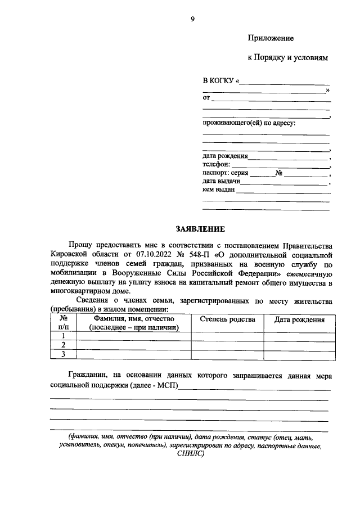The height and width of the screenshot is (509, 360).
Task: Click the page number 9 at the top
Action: click(x=192, y=19)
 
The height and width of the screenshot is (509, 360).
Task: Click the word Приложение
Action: click(x=271, y=38)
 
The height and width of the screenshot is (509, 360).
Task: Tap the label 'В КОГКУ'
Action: click(x=218, y=81)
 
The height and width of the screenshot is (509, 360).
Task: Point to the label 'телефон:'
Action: click(x=216, y=164)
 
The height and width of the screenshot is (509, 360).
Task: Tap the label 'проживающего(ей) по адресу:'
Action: click(x=249, y=123)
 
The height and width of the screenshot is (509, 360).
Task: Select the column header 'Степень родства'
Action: click(x=227, y=319)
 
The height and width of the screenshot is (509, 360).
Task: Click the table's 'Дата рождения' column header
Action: click(x=299, y=320)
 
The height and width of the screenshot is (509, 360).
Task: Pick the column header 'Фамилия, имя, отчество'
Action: click(x=134, y=319)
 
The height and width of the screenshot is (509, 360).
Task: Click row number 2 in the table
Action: click(x=64, y=345)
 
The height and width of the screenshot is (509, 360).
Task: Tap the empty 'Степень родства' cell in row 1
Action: click(x=227, y=336)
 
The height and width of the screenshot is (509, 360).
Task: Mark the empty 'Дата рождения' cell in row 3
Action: click(x=299, y=354)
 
